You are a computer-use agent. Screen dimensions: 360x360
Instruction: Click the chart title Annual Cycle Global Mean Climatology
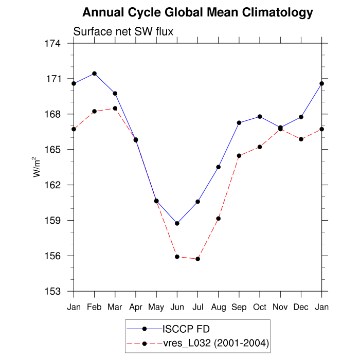pos(197,12)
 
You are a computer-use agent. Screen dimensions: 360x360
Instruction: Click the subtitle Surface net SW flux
pos(123,32)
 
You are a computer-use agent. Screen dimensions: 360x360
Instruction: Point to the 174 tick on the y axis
pos(53,44)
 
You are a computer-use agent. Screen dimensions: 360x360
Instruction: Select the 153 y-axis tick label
pos(53,291)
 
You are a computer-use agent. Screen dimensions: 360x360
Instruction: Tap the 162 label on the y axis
pos(53,185)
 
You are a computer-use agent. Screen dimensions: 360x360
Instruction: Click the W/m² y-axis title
pos(37,167)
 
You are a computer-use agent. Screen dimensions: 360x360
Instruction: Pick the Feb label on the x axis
pos(94,307)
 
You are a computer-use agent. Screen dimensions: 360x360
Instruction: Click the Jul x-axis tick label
pos(197,307)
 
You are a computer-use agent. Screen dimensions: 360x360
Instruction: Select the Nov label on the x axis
pos(280,307)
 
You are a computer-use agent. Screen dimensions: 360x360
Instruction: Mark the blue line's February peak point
pos(94,74)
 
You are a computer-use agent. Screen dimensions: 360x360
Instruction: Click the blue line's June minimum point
pos(177,223)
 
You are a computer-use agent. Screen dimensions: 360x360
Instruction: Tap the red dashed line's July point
pos(197,259)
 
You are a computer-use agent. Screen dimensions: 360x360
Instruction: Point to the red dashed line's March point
pos(115,109)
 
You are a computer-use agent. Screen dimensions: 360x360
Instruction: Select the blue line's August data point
pos(219,167)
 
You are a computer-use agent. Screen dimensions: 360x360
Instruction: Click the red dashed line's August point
pos(219,219)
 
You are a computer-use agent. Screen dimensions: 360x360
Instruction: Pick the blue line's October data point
pos(260,117)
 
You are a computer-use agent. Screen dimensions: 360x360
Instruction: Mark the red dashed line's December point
pos(301,139)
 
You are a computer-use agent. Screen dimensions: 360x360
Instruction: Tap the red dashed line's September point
pos(239,155)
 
